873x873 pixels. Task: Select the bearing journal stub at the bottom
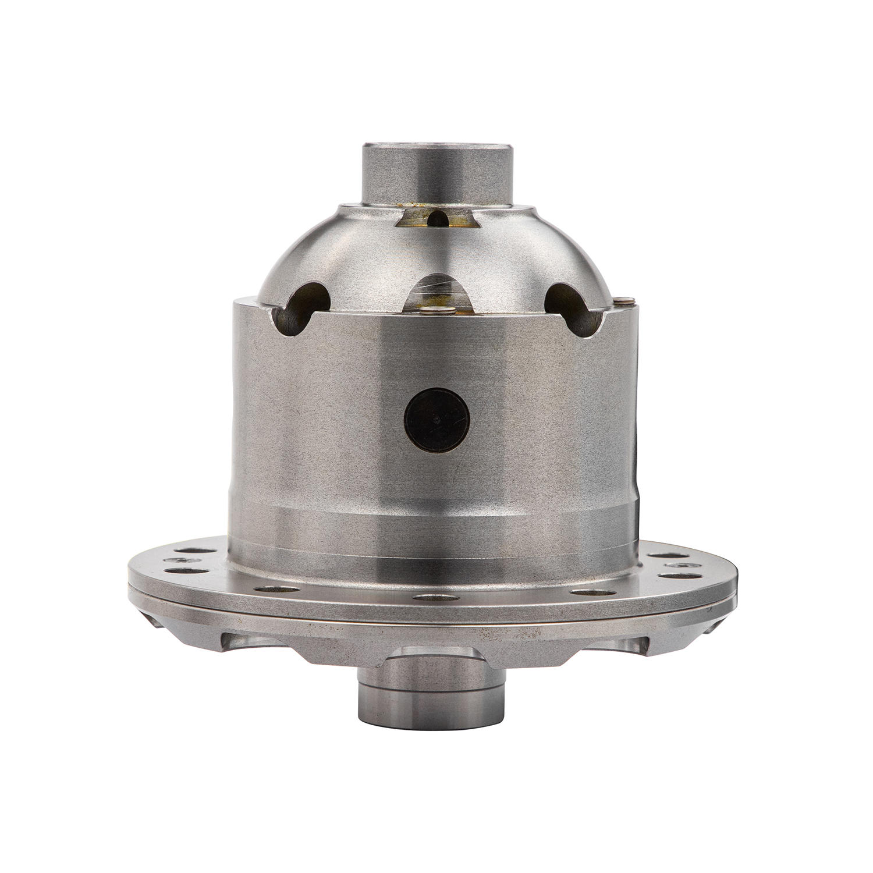pyautogui.click(x=427, y=692)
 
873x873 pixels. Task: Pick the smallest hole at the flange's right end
pyautogui.click(x=677, y=566)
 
